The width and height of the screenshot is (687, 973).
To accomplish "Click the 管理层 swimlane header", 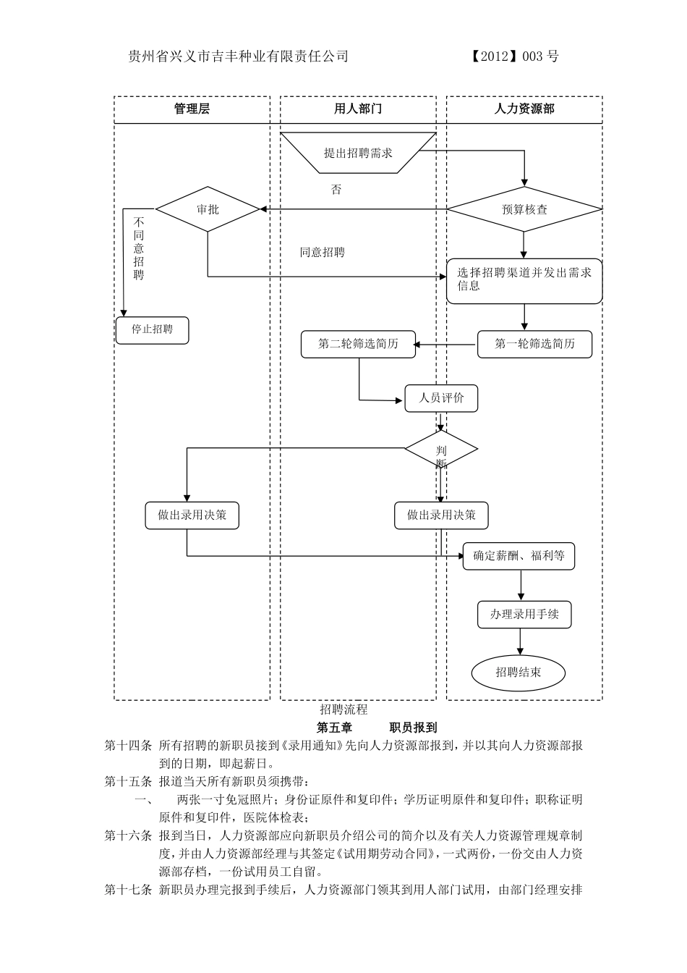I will [192, 109].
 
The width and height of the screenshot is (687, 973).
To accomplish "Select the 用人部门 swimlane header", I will [358, 109].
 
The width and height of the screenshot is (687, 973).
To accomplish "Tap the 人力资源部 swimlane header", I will [524, 109].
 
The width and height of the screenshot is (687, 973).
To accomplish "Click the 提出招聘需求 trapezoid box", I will [358, 153].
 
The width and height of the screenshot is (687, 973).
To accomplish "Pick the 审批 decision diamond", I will [208, 209].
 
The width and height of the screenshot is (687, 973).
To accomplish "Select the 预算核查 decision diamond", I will [524, 209].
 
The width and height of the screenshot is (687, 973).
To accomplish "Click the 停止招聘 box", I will [153, 329].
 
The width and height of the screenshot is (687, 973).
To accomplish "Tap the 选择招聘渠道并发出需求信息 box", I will [524, 280].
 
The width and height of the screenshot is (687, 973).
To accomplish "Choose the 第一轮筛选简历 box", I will [534, 344].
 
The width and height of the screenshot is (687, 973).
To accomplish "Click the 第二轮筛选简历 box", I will [358, 344].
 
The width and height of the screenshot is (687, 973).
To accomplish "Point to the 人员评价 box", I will [441, 398].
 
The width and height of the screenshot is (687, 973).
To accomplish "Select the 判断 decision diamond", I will [441, 450].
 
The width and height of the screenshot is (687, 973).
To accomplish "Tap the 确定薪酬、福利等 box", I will [519, 556].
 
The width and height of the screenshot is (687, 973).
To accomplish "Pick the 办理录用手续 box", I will [524, 614].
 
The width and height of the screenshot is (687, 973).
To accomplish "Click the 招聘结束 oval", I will [519, 672].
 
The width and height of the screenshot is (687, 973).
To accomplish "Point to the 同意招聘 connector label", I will [323, 253].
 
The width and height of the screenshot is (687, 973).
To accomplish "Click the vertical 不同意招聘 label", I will [139, 248].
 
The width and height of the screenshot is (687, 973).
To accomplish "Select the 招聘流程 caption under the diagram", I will [344, 709].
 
